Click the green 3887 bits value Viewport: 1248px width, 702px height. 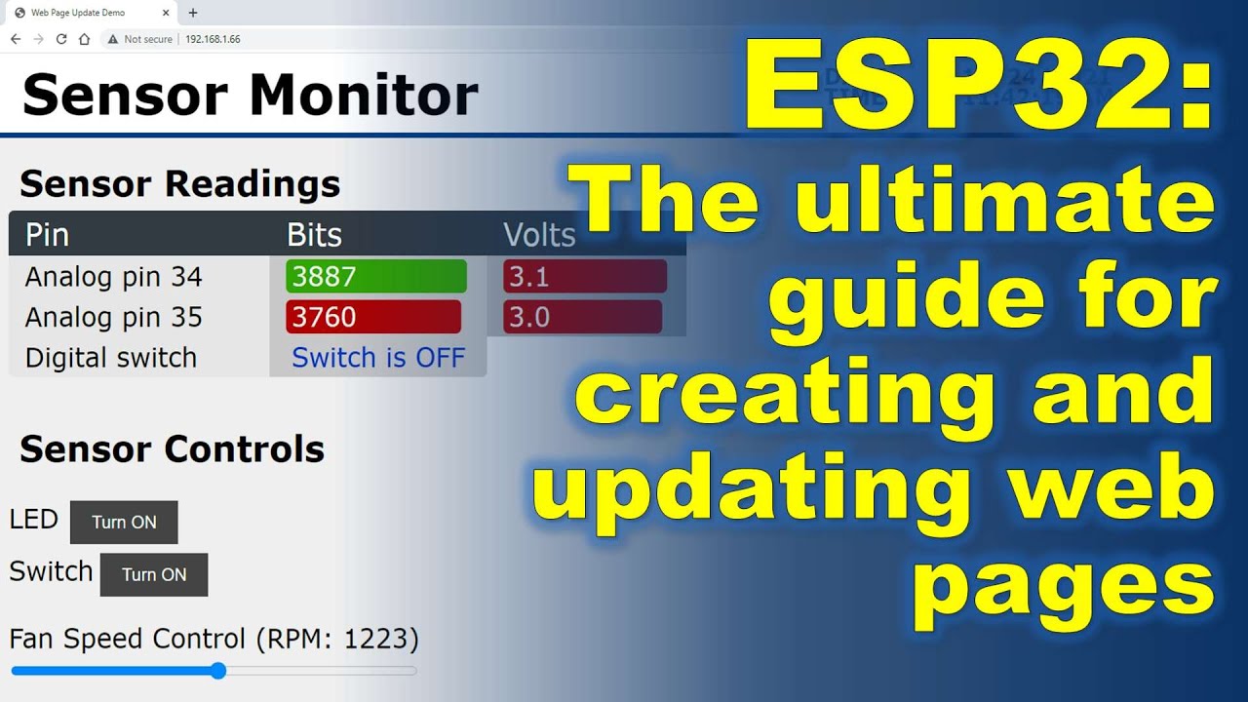(x=375, y=277)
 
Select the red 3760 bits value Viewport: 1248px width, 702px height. (x=372, y=317)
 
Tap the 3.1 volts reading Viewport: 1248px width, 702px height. (x=584, y=277)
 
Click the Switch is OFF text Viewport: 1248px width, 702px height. (x=378, y=358)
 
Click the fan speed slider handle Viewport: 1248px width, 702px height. (x=218, y=671)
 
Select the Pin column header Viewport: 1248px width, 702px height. (x=47, y=235)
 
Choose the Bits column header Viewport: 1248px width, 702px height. (x=314, y=235)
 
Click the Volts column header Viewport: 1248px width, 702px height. (x=539, y=235)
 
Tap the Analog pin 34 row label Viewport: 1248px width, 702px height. (x=113, y=277)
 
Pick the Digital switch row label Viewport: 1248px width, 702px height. (x=111, y=358)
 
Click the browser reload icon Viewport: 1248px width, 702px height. (x=61, y=39)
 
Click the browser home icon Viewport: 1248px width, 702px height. (x=84, y=39)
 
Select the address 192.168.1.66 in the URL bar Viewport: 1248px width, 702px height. (x=213, y=39)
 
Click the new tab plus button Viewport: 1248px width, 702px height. (x=193, y=13)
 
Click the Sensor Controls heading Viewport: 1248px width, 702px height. (x=172, y=449)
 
